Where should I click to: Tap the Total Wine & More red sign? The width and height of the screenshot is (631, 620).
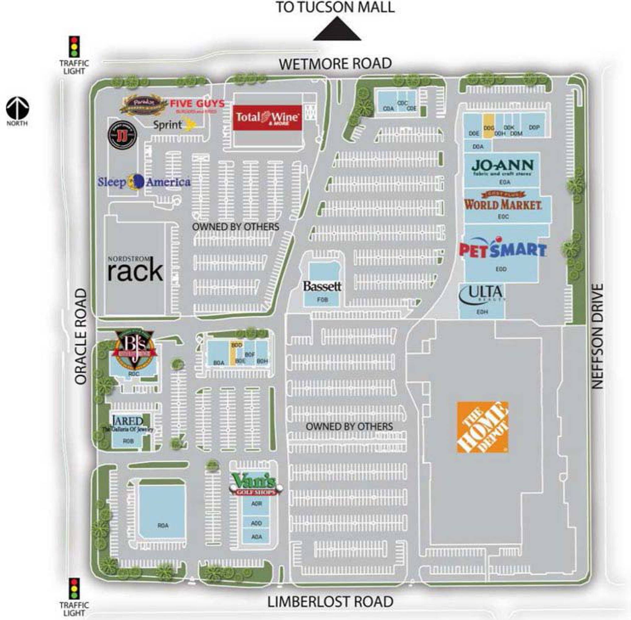click(x=267, y=117)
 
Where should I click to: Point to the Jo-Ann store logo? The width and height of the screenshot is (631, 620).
click(x=502, y=167)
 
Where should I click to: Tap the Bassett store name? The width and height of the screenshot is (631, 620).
click(x=322, y=286)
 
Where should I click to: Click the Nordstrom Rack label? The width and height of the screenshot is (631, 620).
click(x=135, y=269)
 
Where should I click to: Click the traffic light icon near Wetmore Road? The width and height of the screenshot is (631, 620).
click(x=75, y=47)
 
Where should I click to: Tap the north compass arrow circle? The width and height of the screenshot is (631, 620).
click(x=18, y=109)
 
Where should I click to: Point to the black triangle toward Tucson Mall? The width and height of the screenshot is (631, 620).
click(x=337, y=30)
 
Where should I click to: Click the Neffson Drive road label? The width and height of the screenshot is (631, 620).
click(x=597, y=336)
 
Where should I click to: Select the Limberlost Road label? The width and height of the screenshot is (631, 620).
click(x=330, y=602)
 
